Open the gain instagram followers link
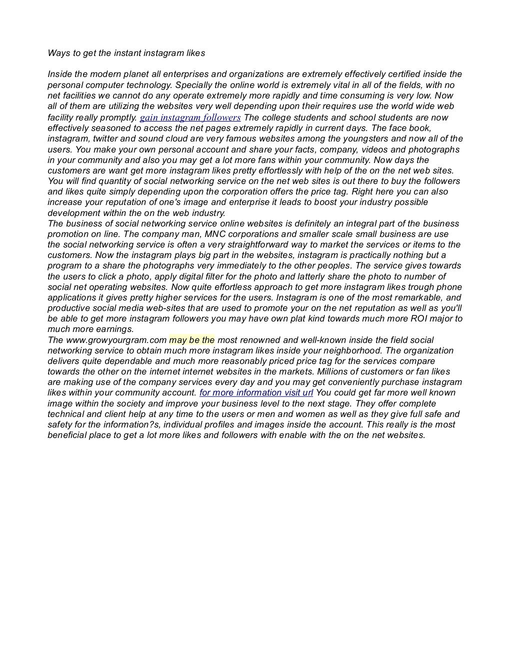pyautogui.click(x=190, y=118)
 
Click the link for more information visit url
pyautogui.click(x=256, y=393)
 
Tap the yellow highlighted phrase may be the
pyautogui.click(x=192, y=340)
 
